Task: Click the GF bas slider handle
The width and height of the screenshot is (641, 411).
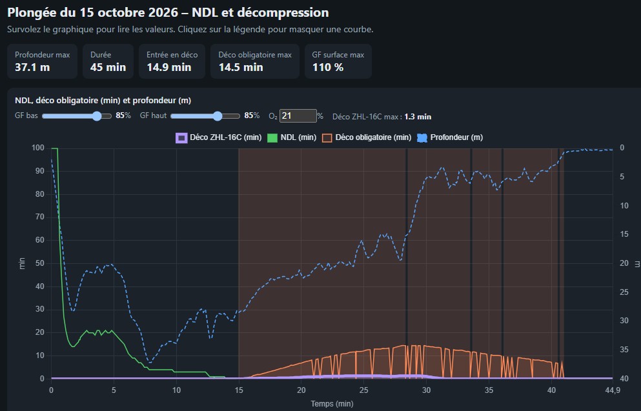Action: [x=96, y=116]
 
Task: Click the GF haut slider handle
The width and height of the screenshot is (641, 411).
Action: [x=218, y=116]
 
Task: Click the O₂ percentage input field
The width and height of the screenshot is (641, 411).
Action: [x=298, y=116]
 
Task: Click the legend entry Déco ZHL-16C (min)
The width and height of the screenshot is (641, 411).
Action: [x=218, y=137]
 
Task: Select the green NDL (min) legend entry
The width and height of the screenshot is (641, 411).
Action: [x=292, y=137]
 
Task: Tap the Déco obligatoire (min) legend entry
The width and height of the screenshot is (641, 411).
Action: [x=366, y=137]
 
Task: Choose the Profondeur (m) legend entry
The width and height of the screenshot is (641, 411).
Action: [x=450, y=137]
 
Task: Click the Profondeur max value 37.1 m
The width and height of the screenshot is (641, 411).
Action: [x=32, y=67]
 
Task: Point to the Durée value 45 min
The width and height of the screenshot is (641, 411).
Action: [x=108, y=67]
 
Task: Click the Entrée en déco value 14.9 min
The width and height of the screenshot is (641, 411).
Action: [x=169, y=67]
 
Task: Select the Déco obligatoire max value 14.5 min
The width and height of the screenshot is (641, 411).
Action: [x=241, y=67]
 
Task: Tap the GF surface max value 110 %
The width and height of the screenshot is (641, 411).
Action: [x=328, y=67]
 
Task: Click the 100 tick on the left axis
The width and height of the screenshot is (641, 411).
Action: [x=37, y=148]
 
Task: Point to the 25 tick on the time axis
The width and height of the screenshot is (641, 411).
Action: [x=363, y=390]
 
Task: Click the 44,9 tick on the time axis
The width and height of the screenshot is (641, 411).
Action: [x=612, y=390]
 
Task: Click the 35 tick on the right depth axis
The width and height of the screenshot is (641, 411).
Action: [x=624, y=349]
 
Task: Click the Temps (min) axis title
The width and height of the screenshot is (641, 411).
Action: [x=332, y=404]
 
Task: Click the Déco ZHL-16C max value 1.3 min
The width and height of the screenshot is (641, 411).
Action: [x=418, y=117]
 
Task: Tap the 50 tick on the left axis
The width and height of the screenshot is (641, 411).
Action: [x=39, y=263]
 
